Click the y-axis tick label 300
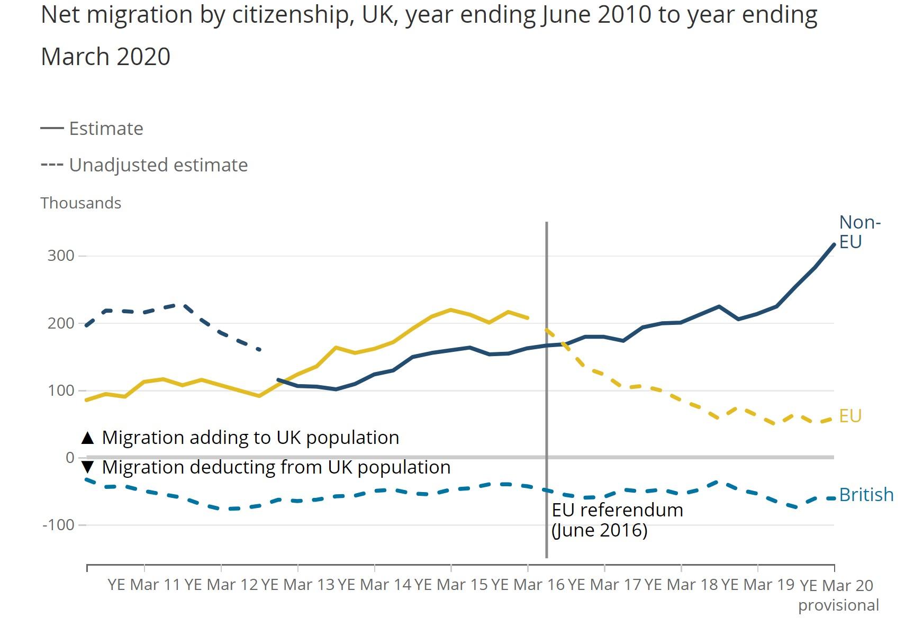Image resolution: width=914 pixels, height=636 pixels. pos(61,256)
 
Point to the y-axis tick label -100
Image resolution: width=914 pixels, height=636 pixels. pos(58,525)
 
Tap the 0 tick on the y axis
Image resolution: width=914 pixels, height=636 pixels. pos(70,458)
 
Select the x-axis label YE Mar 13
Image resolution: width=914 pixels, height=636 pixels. pos(298,585)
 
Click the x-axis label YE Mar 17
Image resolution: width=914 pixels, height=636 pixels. pos(604,585)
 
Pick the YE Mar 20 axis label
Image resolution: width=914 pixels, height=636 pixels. pos(836,586)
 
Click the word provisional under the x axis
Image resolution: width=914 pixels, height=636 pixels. pos(838,605)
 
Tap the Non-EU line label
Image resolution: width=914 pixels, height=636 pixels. pos(859,232)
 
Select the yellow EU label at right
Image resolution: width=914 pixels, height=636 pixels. pos(850,416)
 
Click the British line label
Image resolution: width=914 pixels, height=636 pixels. pos(866,495)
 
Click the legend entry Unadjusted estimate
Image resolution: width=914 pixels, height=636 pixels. pos(158,165)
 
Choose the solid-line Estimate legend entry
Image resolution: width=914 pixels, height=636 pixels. pos(106,129)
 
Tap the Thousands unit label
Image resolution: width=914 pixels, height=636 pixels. pos(81,203)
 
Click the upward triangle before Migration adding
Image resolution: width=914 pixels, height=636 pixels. pos(88,438)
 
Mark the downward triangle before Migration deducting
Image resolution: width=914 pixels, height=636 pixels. pos(88,467)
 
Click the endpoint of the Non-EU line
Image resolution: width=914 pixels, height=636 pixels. pos(834,244)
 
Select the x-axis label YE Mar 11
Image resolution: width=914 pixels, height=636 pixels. pos(144,585)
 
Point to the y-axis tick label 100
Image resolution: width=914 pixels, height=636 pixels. pos(61,390)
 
